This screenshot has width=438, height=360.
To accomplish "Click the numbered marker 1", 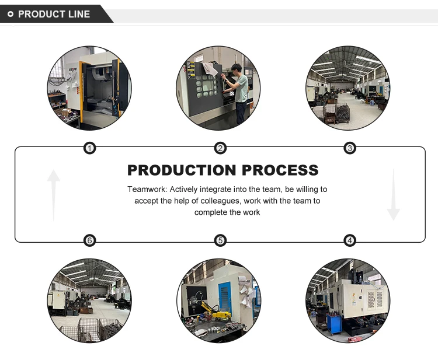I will (x=89, y=148).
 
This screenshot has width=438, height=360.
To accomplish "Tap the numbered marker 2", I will (x=220, y=148).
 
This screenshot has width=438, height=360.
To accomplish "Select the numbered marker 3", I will (x=350, y=148).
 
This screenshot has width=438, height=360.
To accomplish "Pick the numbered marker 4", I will (x=350, y=240).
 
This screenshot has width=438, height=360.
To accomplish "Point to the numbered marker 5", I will (x=220, y=240).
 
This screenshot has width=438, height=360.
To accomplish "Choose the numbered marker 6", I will (x=89, y=240).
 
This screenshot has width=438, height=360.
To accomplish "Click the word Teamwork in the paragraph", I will (x=147, y=190).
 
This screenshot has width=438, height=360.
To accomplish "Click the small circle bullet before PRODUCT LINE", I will (x=10, y=14).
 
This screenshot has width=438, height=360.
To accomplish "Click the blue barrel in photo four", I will (x=336, y=324).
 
